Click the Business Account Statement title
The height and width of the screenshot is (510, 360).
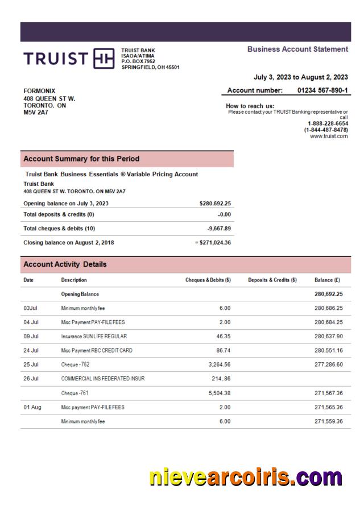[x=297, y=49]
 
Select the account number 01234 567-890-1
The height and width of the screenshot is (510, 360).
[x=323, y=90]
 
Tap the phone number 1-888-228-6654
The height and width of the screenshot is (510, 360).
[x=328, y=123]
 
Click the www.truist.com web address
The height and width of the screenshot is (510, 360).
[x=329, y=136]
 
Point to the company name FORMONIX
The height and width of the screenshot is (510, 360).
[x=39, y=90]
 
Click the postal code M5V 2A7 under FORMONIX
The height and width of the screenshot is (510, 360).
[x=36, y=113]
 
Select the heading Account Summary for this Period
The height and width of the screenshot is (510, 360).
[x=81, y=159]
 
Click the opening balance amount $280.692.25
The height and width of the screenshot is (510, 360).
[x=215, y=203]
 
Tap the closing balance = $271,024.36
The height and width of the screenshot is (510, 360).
[x=212, y=243]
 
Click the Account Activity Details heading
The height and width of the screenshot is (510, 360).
[x=65, y=264]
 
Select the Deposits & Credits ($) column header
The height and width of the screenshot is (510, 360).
[x=272, y=280]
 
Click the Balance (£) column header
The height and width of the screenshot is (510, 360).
[x=328, y=280]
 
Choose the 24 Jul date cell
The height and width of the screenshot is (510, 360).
[x=31, y=350]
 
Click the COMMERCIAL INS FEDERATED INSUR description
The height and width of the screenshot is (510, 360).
[x=102, y=379]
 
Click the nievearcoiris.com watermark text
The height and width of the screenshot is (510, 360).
[x=246, y=477]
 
